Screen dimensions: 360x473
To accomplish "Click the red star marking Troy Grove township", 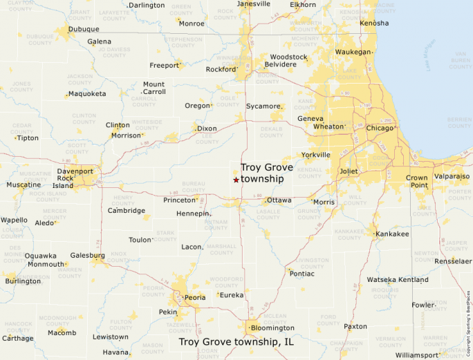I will pyautogui.click(x=236, y=180).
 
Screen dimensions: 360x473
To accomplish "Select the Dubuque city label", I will pyautogui.click(x=84, y=29).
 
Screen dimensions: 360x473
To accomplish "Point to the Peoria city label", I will pyautogui.click(x=195, y=298).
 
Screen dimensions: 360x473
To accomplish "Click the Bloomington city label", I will pyautogui.click(x=272, y=328).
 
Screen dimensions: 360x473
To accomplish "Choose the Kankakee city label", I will pyautogui.click(x=392, y=234).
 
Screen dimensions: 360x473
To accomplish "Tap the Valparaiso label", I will pyautogui.click(x=452, y=176).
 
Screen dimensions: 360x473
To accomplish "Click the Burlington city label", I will pyautogui.click(x=23, y=281).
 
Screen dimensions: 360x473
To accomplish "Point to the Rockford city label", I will pyautogui.click(x=221, y=69).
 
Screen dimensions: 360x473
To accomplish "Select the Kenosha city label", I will pyautogui.click(x=373, y=23).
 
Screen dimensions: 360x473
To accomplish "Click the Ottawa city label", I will pyautogui.click(x=279, y=200).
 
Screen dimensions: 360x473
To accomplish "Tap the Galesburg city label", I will pyautogui.click(x=88, y=255).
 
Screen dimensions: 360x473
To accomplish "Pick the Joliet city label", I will pyautogui.click(x=349, y=171).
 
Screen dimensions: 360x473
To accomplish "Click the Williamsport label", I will pyautogui.click(x=417, y=355).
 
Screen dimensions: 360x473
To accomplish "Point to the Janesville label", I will pyautogui.click(x=253, y=4).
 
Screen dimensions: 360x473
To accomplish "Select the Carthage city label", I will pyautogui.click(x=17, y=339).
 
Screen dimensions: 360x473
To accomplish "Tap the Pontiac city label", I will pyautogui.click(x=302, y=274).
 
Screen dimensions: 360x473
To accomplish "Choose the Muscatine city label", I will pyautogui.click(x=24, y=185).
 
